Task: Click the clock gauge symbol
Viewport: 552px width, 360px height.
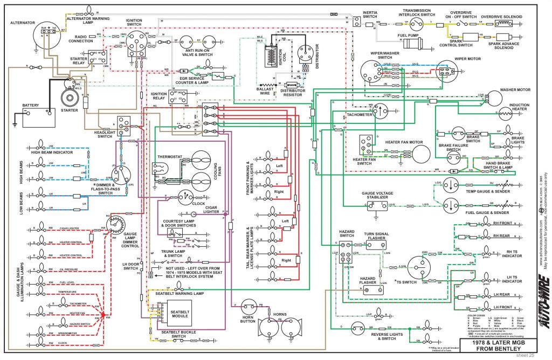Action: pos(185,197)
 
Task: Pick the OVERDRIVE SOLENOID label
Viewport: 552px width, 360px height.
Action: pos(501,17)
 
